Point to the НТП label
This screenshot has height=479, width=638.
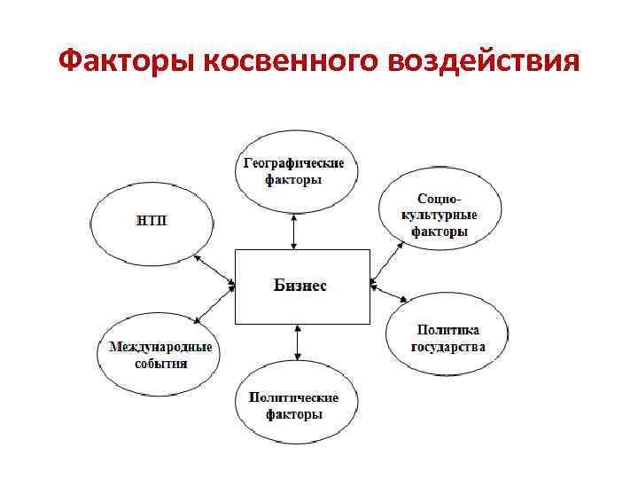point(152,219)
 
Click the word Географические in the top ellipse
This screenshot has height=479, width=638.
point(294,163)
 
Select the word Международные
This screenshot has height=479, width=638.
point(160,347)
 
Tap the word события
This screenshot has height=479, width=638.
point(160,364)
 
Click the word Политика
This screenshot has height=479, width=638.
point(448,330)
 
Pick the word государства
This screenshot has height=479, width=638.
point(448,347)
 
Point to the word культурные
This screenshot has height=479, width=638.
point(440,216)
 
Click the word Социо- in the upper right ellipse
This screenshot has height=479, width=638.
point(440,200)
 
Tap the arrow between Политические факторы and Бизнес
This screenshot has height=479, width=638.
point(297,342)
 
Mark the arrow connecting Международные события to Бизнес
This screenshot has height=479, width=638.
point(214,304)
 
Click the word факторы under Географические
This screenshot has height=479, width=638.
point(294,179)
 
